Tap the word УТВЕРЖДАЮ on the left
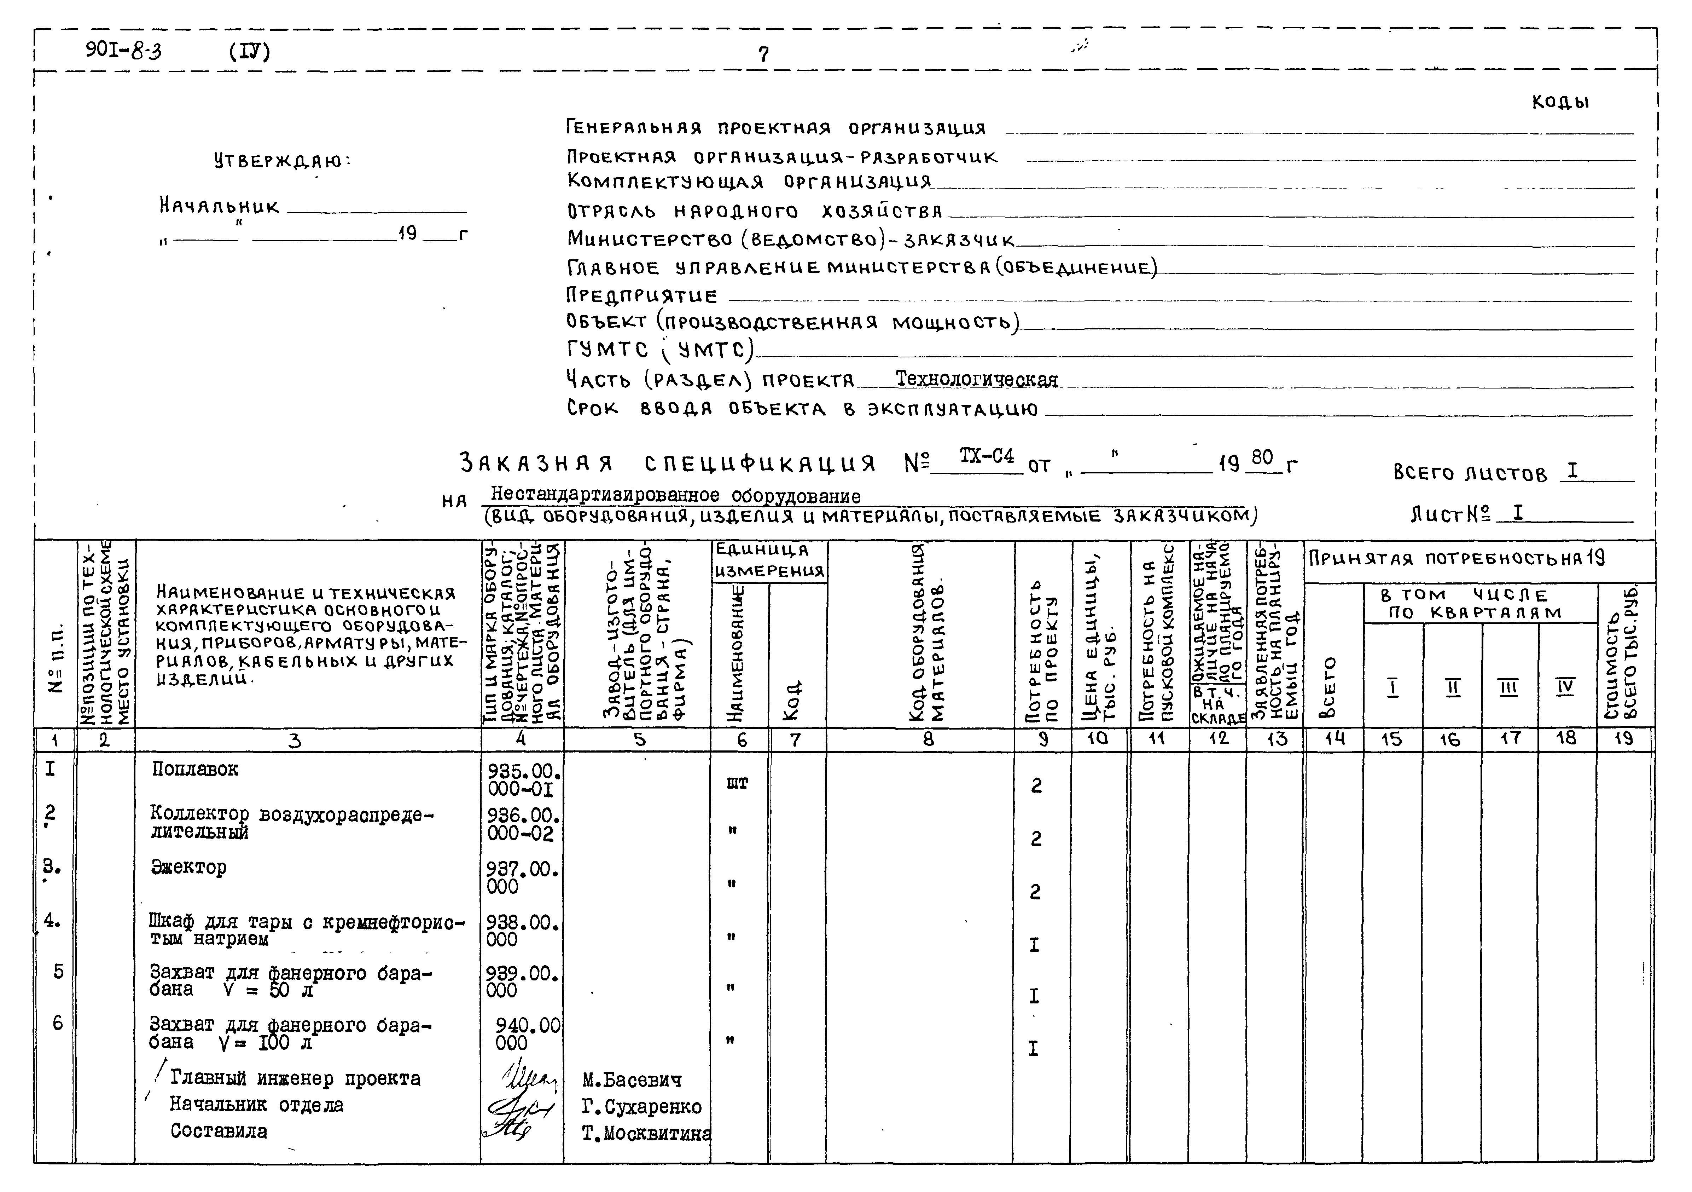point(282,161)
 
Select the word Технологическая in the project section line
point(976,380)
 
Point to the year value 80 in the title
point(1262,458)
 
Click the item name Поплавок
point(195,769)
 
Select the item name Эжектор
point(189,867)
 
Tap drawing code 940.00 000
point(526,1033)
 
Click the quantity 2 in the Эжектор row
point(1035,892)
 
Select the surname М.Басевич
point(632,1080)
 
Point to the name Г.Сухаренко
point(641,1106)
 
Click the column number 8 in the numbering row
point(928,739)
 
